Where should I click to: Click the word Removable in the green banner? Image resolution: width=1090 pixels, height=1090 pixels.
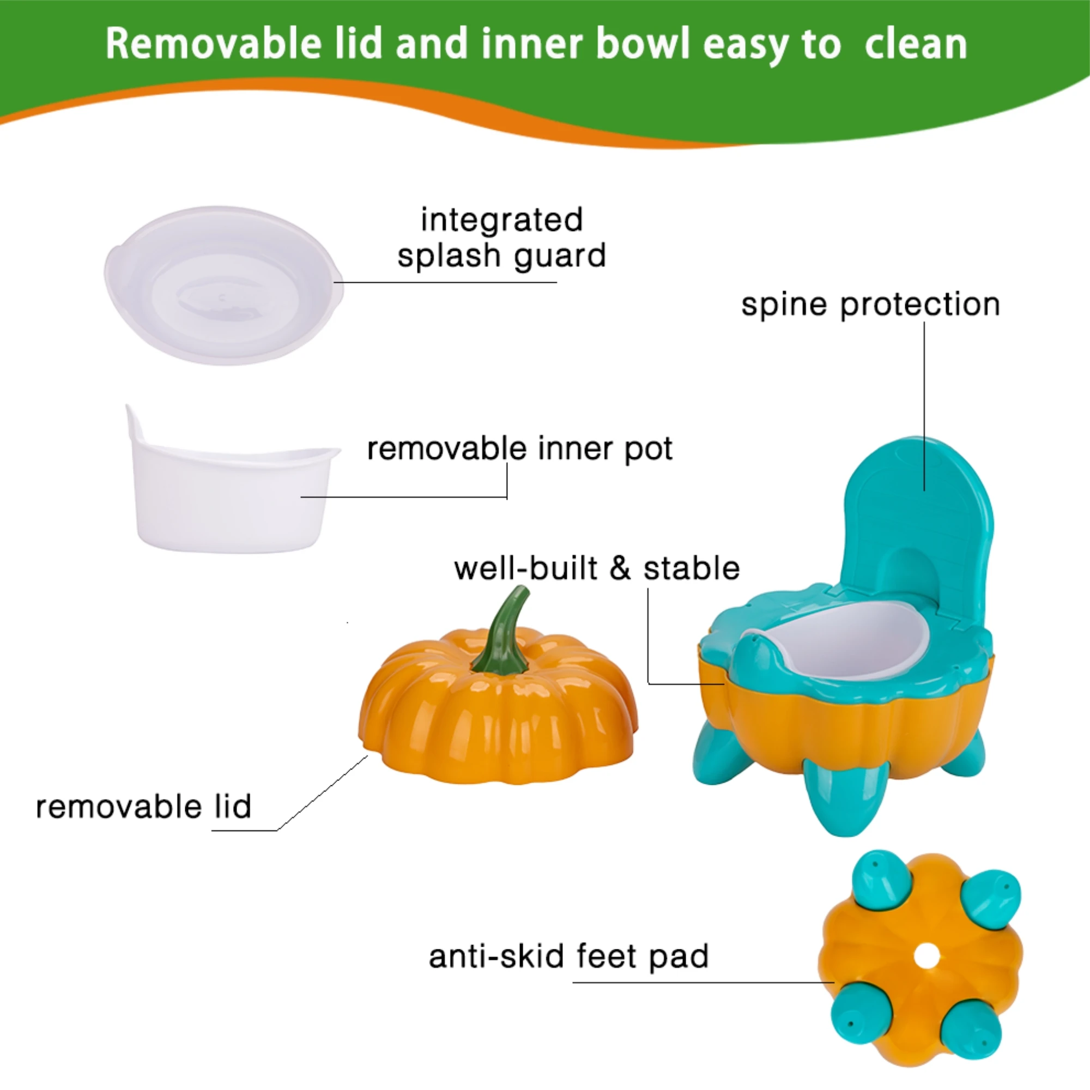coord(213,44)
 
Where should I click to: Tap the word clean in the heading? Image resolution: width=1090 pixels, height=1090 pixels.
coord(916,44)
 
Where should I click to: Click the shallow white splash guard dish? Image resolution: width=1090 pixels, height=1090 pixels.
coord(223,285)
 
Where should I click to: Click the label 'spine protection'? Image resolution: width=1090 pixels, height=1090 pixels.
coord(870,305)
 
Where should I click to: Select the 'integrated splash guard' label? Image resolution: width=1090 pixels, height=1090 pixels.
coord(501,238)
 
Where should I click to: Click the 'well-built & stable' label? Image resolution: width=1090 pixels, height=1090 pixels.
coord(597,568)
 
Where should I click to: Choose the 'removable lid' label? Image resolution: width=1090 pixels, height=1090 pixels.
coord(143,806)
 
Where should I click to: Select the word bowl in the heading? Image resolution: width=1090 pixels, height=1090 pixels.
coord(643,44)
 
